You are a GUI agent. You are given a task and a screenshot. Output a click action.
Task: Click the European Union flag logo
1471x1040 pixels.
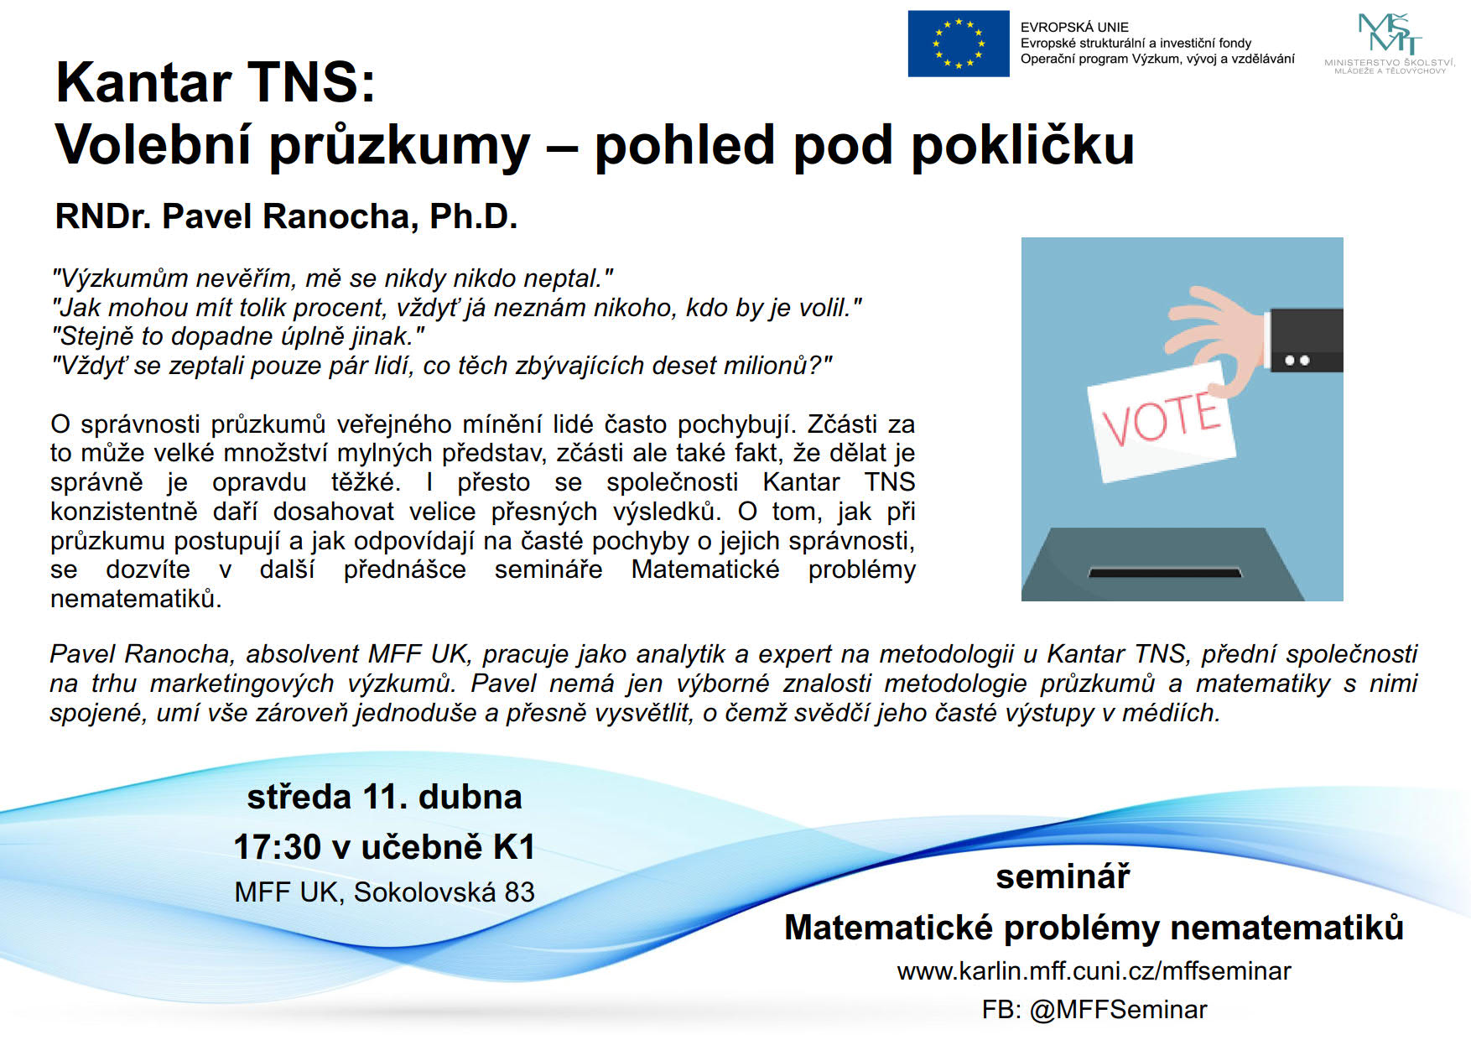point(959,44)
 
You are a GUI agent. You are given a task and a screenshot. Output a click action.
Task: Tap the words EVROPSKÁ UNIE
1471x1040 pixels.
point(1074,27)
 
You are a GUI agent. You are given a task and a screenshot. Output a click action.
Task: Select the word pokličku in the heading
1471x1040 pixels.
point(1022,145)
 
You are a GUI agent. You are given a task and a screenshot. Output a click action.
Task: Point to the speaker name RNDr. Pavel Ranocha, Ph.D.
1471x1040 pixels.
point(286,216)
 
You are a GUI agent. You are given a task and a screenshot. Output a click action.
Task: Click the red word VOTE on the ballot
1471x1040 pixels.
point(1162,419)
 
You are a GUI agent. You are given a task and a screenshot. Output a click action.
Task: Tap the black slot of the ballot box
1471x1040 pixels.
point(1165,573)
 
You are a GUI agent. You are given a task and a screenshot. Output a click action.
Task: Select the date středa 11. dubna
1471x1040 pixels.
point(384,797)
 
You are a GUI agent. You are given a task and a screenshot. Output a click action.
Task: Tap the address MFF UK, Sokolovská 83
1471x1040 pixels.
point(384,892)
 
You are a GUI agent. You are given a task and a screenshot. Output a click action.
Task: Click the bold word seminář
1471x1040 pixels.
point(1063,876)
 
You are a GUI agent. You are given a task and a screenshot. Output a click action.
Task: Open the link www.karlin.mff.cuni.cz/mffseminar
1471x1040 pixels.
point(1094,971)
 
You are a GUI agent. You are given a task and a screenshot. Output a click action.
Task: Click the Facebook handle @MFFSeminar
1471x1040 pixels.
point(1118,1010)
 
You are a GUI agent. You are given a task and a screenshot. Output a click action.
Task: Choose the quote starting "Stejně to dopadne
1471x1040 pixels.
point(238,336)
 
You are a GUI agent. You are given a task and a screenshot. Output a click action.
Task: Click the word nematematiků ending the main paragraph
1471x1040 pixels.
point(136,599)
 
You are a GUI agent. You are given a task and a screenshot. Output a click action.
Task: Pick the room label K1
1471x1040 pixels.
point(514,847)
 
